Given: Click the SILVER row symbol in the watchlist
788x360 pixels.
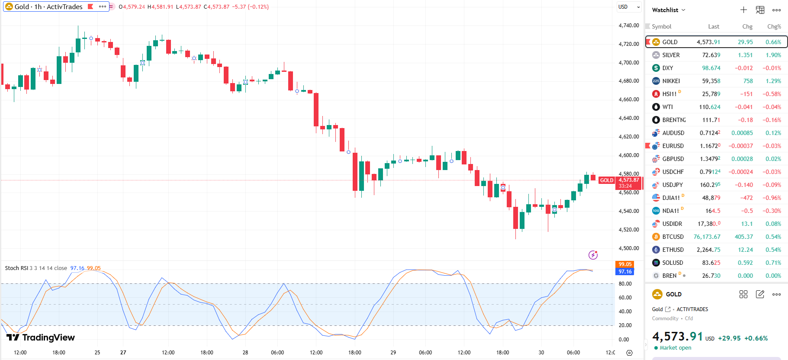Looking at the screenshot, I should coord(671,55).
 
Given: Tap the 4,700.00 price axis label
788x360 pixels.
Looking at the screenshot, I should coord(628,62).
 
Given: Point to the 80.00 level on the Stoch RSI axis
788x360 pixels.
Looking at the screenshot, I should coord(625,284).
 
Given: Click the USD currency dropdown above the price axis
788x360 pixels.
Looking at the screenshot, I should coord(629,7).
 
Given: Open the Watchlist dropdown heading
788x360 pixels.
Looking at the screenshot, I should coord(669,10).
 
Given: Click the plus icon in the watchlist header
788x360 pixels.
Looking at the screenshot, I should coord(743,10).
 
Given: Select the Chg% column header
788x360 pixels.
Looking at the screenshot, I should coord(774,26).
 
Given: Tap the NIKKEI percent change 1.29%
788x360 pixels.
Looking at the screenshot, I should coord(773,81).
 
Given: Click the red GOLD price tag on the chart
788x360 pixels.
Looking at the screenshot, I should coord(606,180).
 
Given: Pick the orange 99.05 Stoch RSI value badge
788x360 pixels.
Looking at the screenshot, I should coord(624,264).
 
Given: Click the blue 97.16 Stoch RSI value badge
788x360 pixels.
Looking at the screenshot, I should coord(624,272).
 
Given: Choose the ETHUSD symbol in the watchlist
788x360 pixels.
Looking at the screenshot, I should coord(672,250).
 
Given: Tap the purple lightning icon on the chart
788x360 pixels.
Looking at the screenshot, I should coord(593,255).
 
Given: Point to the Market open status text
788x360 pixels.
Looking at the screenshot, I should coord(675,348).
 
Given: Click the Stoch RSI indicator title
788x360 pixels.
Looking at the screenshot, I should coord(16,268).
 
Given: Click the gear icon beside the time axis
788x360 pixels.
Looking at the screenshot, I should coord(629,353).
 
